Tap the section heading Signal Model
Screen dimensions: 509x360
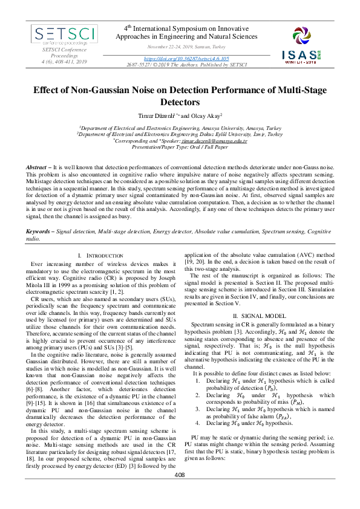click(x=260, y=316)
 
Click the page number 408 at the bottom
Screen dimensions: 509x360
click(x=180, y=492)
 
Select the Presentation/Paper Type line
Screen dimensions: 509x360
click(x=180, y=146)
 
